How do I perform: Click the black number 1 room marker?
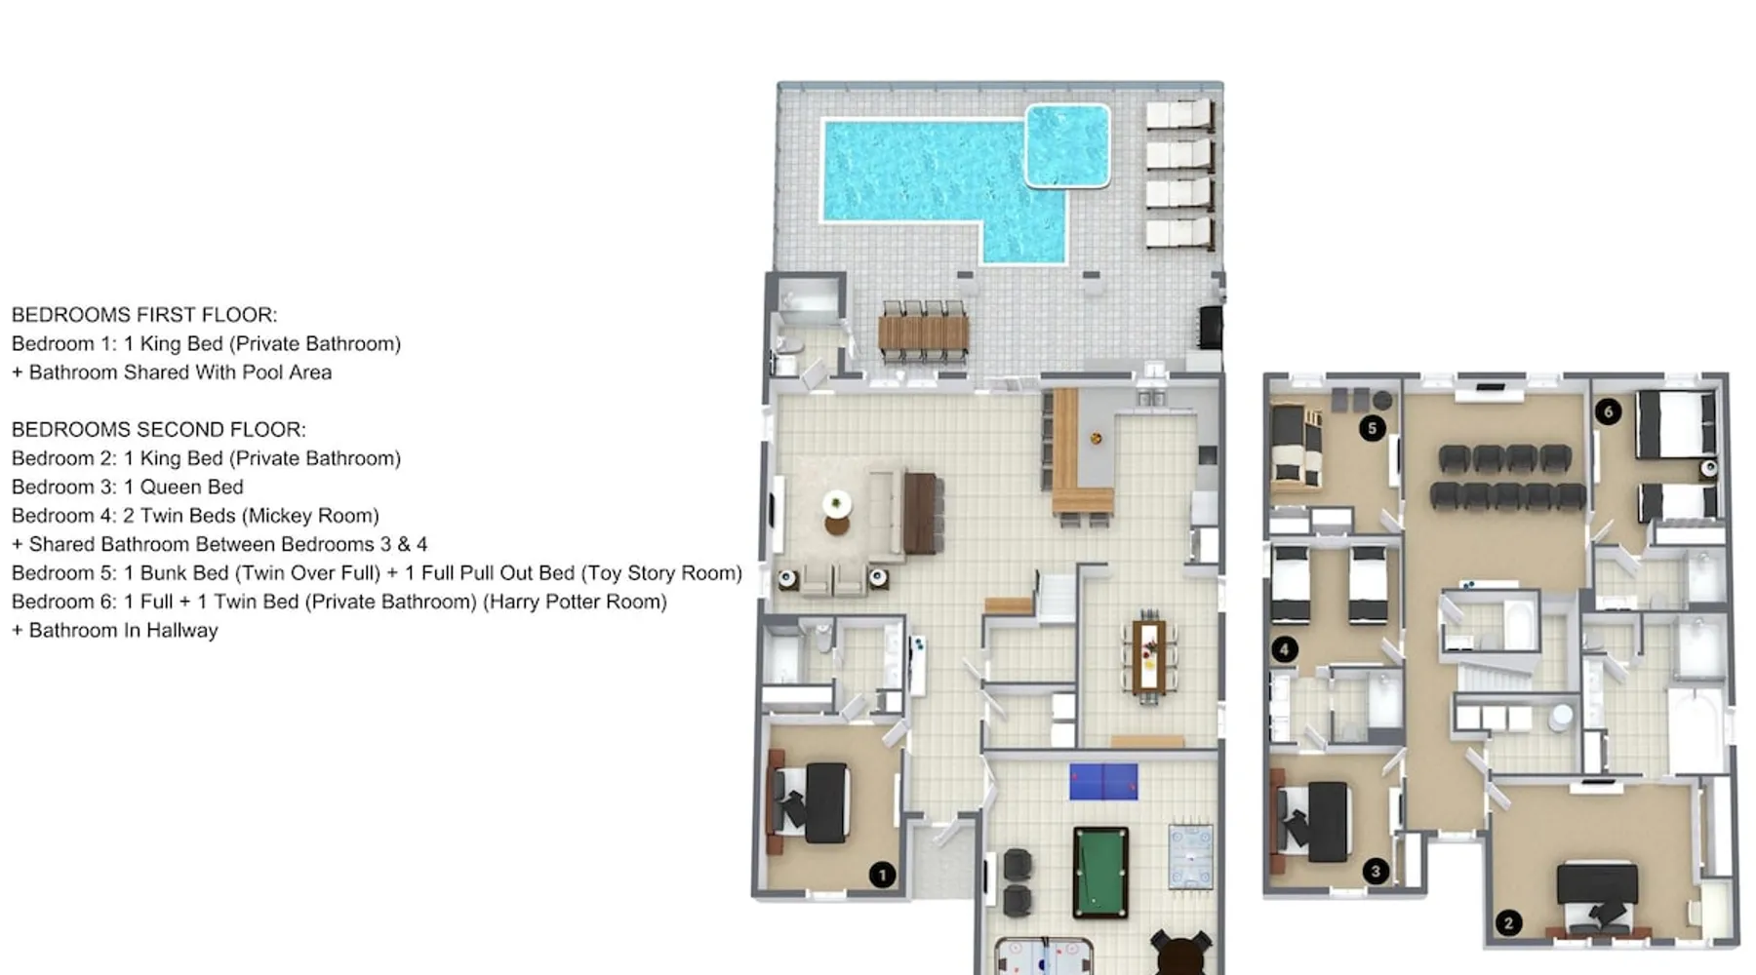[x=882, y=875]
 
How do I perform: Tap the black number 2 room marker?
[x=1508, y=922]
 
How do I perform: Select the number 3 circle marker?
[x=1376, y=871]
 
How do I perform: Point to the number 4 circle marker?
[x=1284, y=649]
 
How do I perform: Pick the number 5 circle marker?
[x=1373, y=427]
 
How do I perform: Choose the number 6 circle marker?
[x=1608, y=411]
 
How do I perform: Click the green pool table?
[x=1100, y=874]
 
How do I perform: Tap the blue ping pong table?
[x=1103, y=781]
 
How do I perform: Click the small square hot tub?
[x=1067, y=145]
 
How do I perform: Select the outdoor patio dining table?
[x=923, y=332]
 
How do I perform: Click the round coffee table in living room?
[x=837, y=505]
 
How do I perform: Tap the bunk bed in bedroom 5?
[x=1297, y=447]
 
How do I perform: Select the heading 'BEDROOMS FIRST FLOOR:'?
[x=144, y=315]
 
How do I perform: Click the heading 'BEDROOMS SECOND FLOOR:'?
[x=159, y=430]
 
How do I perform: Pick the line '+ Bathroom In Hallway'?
[x=115, y=631]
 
